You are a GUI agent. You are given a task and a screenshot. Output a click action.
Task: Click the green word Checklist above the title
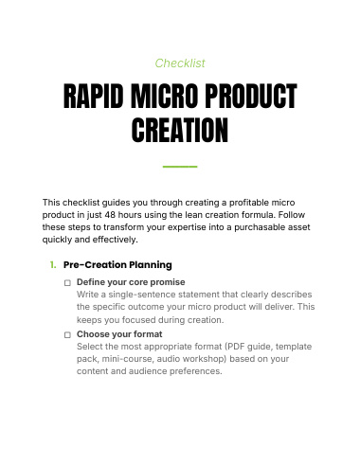pyautogui.click(x=180, y=63)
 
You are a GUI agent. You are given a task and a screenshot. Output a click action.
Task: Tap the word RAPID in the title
pyautogui.click(x=93, y=96)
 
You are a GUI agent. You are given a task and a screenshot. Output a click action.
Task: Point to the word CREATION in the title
pyautogui.click(x=180, y=130)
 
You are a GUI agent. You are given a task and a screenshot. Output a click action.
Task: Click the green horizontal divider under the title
pyautogui.click(x=180, y=167)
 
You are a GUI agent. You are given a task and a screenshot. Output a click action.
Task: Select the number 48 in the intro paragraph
pyautogui.click(x=110, y=215)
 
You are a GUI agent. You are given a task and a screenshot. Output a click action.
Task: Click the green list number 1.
pyautogui.click(x=53, y=265)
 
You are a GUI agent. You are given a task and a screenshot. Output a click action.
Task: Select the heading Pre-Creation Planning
pyautogui.click(x=117, y=265)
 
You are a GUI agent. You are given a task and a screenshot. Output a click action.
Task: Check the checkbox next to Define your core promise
pyautogui.click(x=67, y=283)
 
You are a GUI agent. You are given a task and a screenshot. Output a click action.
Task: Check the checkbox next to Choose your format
pyautogui.click(x=67, y=335)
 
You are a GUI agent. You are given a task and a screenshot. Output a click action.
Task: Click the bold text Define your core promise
pyautogui.click(x=131, y=282)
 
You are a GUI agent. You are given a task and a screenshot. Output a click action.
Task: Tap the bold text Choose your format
pyautogui.click(x=119, y=334)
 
